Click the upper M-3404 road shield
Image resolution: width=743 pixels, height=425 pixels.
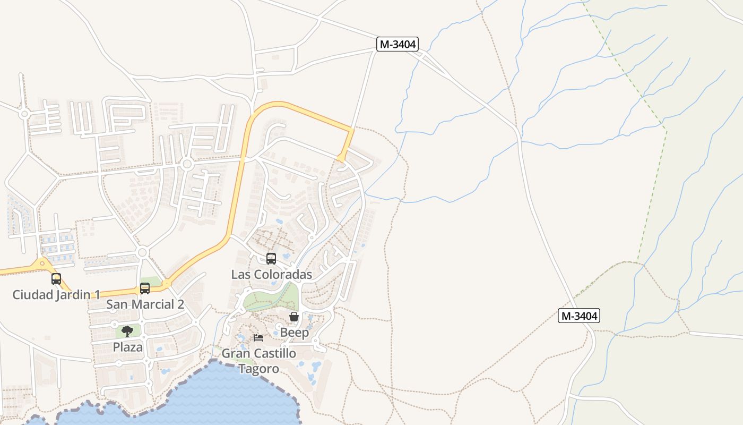click(x=398, y=44)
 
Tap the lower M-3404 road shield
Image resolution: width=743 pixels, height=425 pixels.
click(x=579, y=316)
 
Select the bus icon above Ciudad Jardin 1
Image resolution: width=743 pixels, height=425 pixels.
click(x=56, y=278)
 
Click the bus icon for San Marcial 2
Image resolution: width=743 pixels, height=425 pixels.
click(x=145, y=288)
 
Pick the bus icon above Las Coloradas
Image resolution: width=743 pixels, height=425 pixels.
click(x=271, y=259)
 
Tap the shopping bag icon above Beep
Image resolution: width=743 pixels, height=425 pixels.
click(x=294, y=317)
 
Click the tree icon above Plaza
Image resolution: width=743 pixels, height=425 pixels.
click(x=127, y=331)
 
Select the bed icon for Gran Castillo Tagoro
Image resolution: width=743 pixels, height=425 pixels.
click(x=258, y=338)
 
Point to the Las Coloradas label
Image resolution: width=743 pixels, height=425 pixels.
click(x=271, y=275)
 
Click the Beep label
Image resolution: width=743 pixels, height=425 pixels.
click(x=294, y=333)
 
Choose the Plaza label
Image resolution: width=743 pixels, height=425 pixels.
click(x=127, y=347)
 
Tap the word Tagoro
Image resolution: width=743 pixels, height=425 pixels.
click(x=258, y=369)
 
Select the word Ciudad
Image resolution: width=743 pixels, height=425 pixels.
click(x=32, y=294)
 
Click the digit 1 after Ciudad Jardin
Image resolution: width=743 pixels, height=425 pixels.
click(x=97, y=294)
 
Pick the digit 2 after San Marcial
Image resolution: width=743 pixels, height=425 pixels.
click(x=180, y=304)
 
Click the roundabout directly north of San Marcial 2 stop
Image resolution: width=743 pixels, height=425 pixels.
click(x=142, y=252)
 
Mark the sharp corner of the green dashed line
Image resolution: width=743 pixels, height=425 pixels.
click(x=666, y=130)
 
